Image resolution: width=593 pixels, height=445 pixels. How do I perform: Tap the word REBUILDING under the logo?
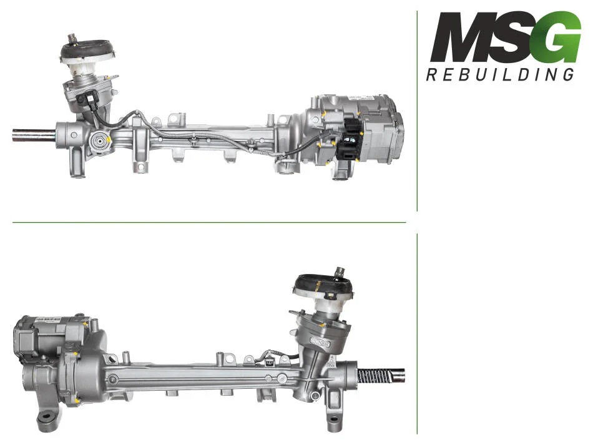coord(500,74)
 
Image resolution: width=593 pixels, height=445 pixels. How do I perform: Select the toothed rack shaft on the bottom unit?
coord(381,376)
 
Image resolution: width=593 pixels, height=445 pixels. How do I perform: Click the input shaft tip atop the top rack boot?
coord(72,39)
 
